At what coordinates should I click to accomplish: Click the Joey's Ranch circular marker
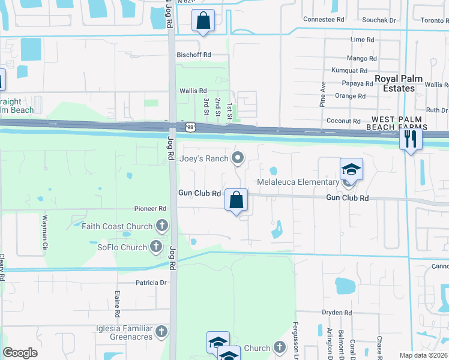[x=238, y=158]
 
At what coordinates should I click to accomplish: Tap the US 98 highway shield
[x=190, y=127]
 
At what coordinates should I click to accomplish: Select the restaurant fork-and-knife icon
[x=411, y=139]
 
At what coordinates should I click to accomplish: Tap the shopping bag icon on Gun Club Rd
[x=237, y=199]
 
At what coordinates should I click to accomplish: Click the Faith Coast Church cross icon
[x=161, y=226]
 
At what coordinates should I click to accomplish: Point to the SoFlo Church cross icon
[x=155, y=246]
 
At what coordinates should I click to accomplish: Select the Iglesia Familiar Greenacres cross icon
[x=161, y=331]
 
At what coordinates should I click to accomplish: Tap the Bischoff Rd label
[x=193, y=55]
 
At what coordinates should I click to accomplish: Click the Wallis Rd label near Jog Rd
[x=193, y=91]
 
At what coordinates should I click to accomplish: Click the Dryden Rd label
[x=336, y=313]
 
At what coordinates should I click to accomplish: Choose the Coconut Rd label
[x=343, y=121]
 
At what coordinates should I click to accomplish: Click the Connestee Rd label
[x=324, y=19]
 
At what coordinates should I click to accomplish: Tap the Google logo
[x=20, y=353]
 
